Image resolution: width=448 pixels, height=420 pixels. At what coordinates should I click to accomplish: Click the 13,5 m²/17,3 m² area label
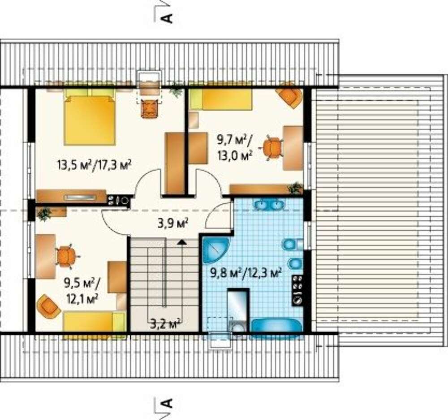[x=94, y=165]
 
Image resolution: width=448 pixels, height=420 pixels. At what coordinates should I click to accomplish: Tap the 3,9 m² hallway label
[x=172, y=223]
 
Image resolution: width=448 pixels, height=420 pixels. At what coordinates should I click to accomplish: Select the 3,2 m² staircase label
[x=165, y=324]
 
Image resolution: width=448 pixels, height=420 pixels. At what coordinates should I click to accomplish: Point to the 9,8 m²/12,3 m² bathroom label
[x=245, y=273]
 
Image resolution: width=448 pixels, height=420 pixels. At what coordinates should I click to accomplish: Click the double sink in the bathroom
[x=268, y=205]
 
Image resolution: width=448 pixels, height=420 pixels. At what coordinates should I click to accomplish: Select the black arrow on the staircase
[x=181, y=242]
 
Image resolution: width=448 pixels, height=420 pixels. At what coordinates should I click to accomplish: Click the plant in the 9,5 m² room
[x=44, y=214]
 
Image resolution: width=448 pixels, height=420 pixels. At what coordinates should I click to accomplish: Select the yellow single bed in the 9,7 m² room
[x=220, y=99]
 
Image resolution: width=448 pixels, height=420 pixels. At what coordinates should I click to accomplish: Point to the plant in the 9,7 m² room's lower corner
[x=295, y=189]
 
